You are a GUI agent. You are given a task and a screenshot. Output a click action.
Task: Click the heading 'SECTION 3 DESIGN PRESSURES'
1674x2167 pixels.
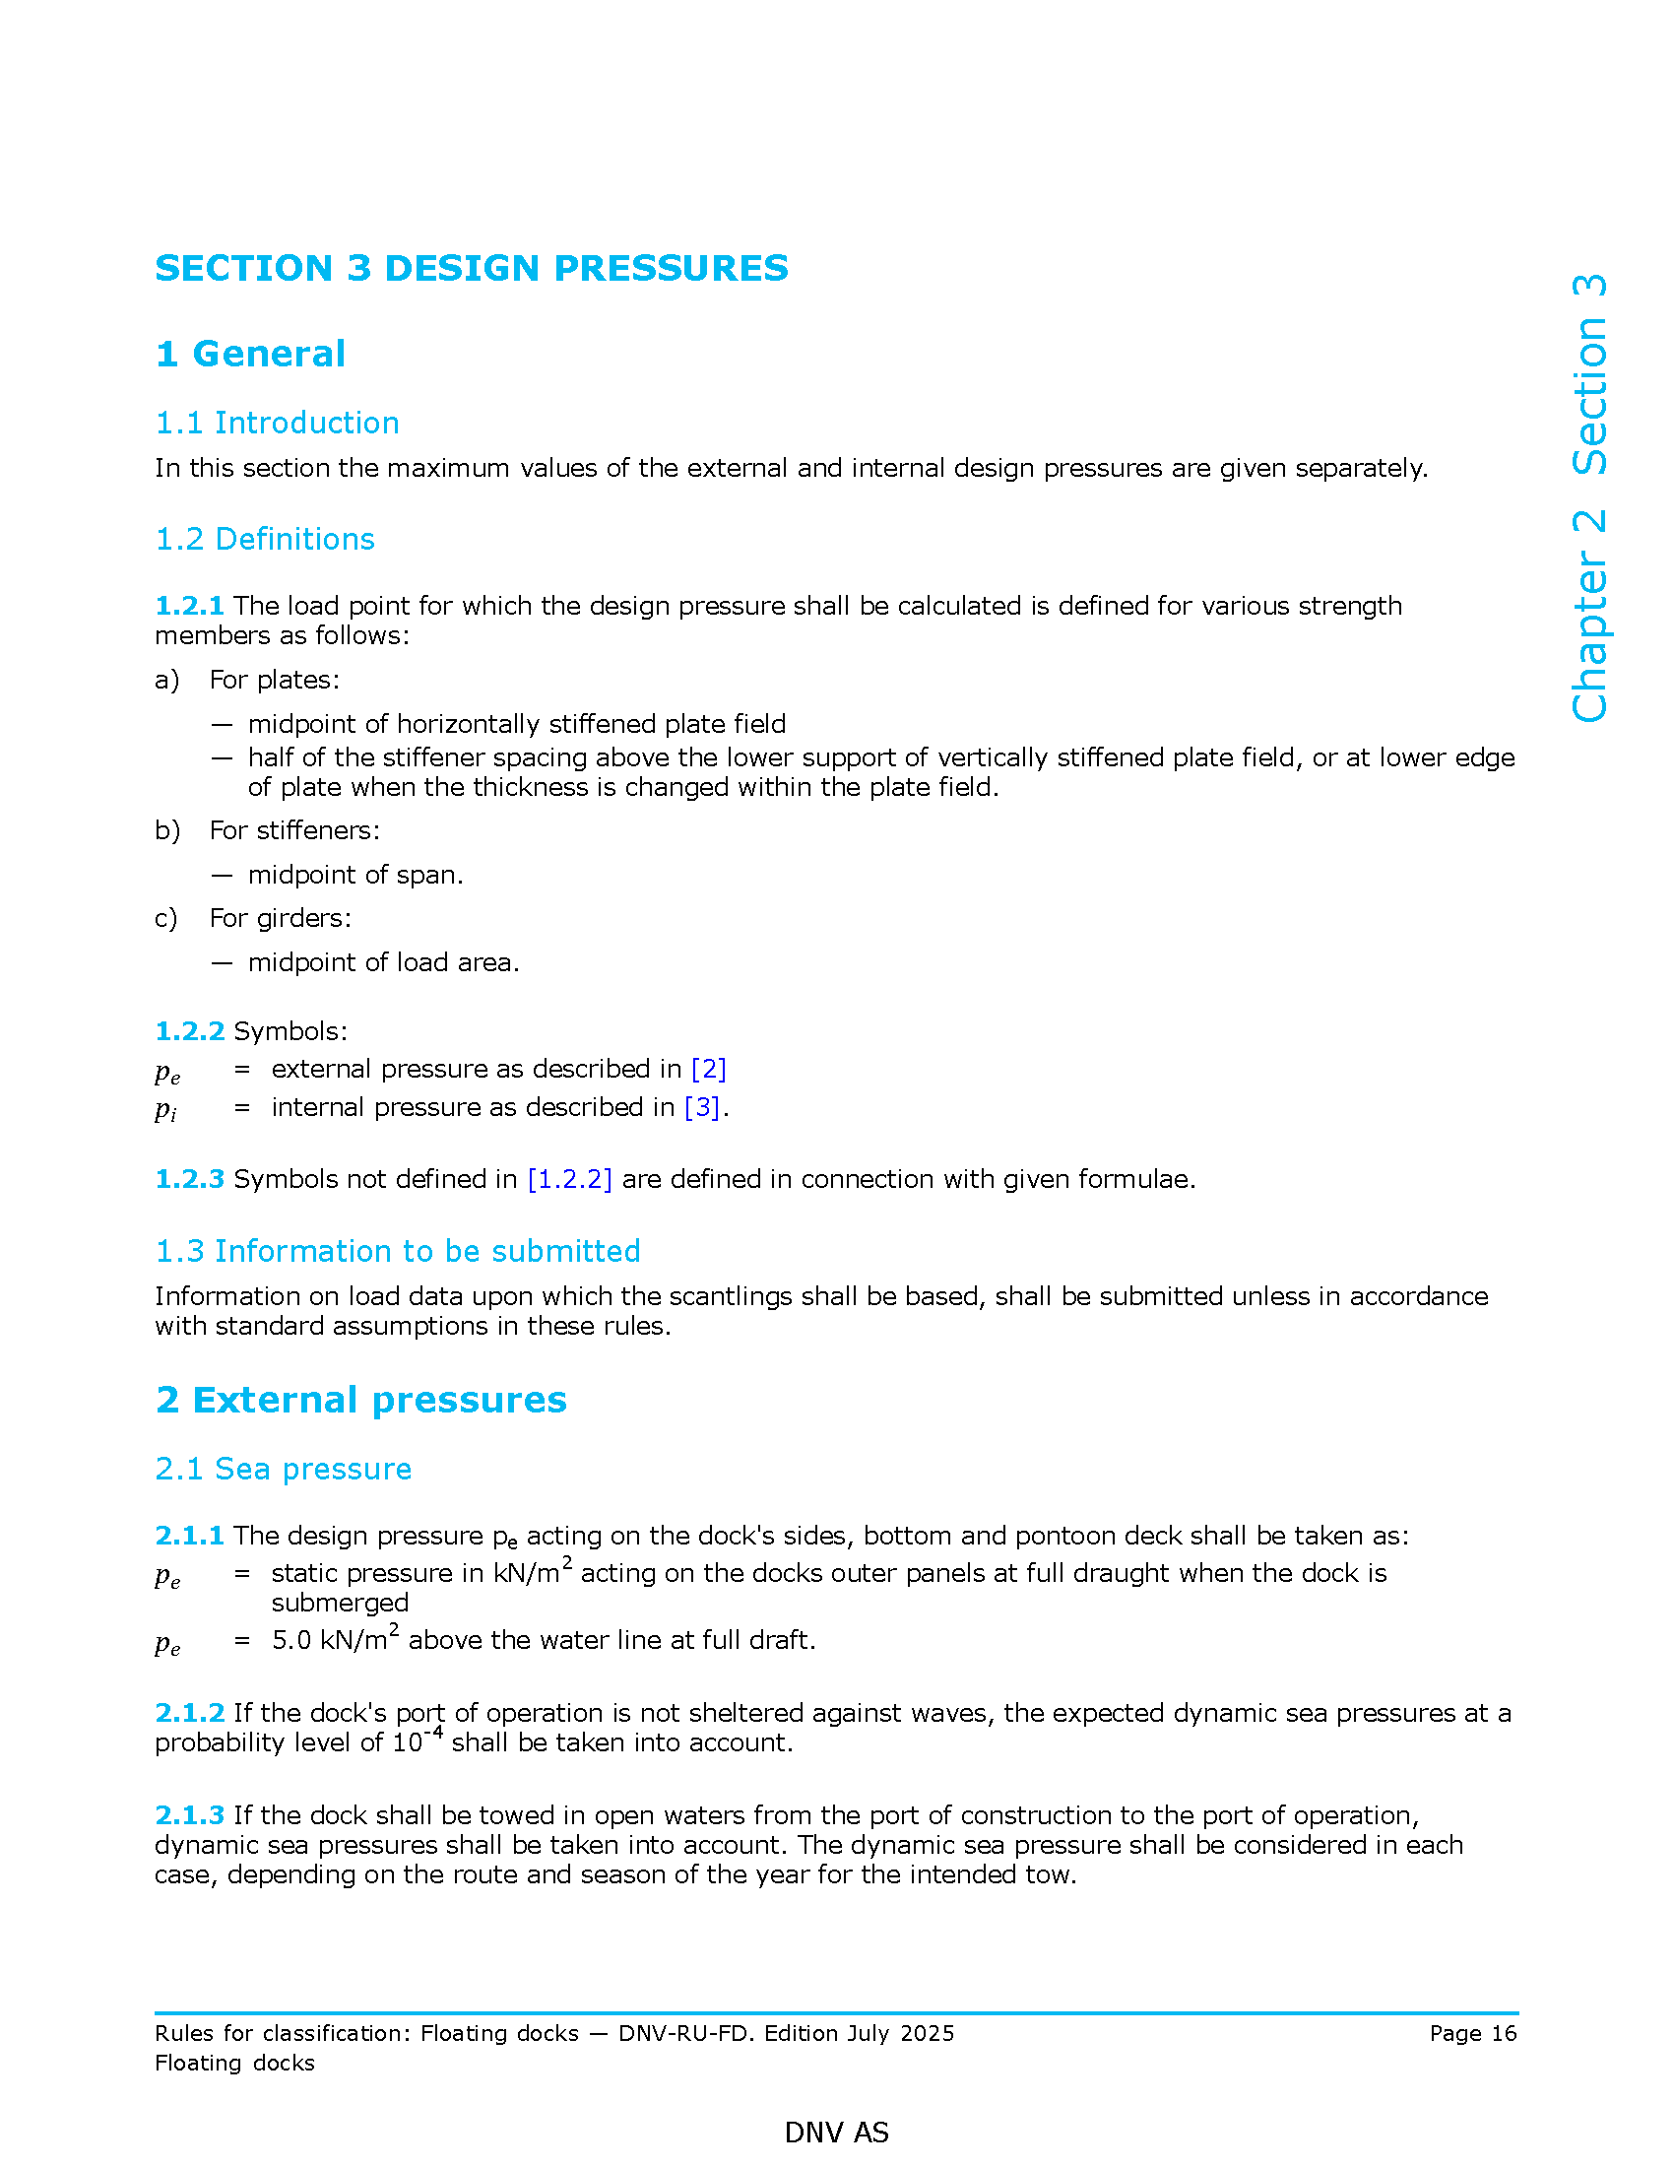471,268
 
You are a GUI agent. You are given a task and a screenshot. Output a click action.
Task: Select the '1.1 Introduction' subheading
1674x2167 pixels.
277,423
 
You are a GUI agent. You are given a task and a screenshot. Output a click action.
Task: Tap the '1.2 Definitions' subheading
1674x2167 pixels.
265,539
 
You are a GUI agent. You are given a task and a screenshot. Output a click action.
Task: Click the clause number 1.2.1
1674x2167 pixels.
189,605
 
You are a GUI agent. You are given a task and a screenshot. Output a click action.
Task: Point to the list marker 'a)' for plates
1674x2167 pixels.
166,680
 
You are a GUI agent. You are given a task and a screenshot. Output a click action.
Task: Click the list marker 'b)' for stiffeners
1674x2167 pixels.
166,830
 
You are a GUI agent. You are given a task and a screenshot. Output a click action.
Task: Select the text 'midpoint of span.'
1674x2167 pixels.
355,874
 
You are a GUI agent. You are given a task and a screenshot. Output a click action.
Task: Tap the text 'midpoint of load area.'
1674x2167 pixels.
383,962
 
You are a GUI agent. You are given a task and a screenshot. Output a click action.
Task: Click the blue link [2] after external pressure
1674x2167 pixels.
708,1069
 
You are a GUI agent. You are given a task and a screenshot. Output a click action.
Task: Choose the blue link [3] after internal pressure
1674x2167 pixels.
702,1107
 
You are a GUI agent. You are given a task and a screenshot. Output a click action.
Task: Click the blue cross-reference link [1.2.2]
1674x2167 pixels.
569,1179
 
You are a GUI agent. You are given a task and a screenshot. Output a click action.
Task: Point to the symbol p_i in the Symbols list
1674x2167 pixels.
165,1109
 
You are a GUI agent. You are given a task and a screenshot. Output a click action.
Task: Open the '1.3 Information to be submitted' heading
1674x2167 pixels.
398,1251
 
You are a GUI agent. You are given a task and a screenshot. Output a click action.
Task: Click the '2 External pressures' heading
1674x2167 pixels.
361,1400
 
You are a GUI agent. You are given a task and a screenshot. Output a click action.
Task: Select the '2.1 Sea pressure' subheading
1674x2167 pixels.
283,1469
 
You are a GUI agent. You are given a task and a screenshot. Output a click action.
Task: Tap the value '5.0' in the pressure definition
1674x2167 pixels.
291,1640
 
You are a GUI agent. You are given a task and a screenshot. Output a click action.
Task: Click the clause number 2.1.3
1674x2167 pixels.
189,1814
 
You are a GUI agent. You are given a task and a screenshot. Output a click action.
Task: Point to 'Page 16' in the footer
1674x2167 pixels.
1473,2033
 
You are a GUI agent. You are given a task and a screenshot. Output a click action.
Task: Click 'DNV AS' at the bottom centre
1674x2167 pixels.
836,2133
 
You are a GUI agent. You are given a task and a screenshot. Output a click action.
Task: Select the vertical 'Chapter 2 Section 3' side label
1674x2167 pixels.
1588,498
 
